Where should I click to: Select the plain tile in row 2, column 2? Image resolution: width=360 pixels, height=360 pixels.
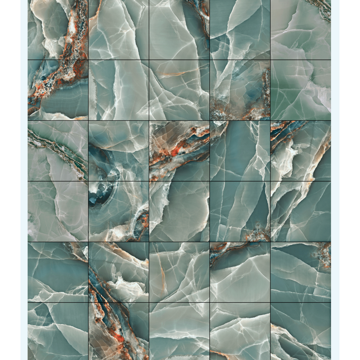(119, 90)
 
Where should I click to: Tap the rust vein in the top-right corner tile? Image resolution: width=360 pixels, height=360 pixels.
(324, 11)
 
